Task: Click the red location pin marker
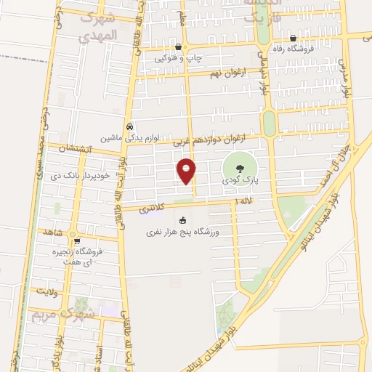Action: point(187,171)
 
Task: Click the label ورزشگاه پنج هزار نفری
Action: point(184,232)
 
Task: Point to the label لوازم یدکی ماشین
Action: point(129,137)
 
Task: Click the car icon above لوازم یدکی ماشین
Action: point(129,125)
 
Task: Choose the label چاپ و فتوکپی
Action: point(178,58)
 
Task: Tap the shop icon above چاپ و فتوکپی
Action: point(178,46)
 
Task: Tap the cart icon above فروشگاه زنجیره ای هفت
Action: point(77,242)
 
